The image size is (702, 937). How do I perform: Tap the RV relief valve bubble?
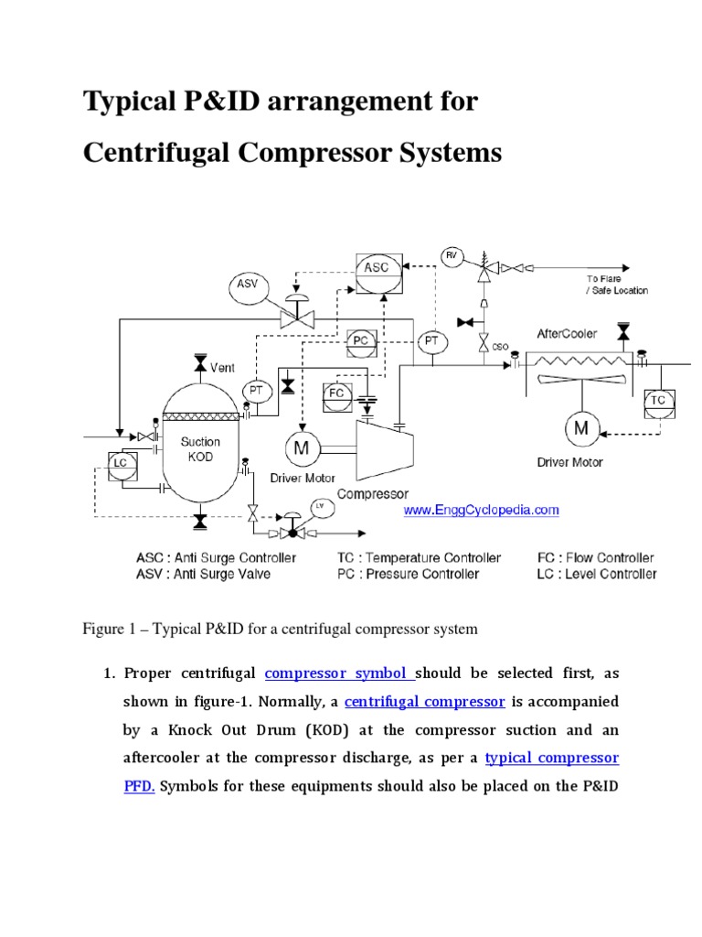click(452, 253)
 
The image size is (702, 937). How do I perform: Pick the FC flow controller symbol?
click(335, 394)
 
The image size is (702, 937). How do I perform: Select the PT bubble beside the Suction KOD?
click(257, 391)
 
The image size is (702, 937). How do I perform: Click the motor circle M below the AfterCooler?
click(580, 427)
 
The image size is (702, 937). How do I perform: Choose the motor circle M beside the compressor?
click(300, 447)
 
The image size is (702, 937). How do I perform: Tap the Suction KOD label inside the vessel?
click(199, 448)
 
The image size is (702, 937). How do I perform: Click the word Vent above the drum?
click(222, 368)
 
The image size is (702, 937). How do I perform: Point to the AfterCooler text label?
click(566, 333)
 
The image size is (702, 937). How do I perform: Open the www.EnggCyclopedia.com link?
click(481, 511)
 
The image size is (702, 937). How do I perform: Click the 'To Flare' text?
click(604, 278)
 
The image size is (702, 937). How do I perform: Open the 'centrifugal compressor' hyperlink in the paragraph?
click(425, 702)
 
